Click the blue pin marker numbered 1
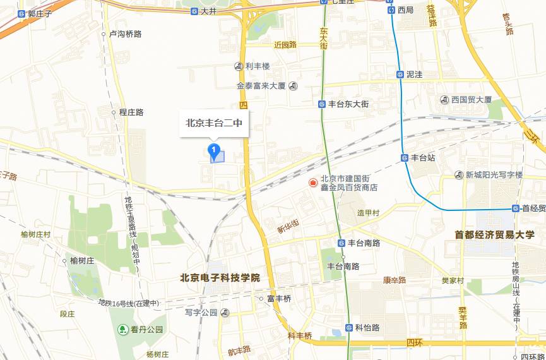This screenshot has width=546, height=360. click(x=215, y=150)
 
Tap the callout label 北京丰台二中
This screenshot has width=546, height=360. click(x=214, y=124)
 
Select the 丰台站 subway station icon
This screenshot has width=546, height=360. click(x=405, y=157)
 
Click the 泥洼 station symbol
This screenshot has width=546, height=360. click(x=400, y=74)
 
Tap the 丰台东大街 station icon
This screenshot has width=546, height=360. click(x=322, y=104)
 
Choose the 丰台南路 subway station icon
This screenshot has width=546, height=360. click(x=341, y=243)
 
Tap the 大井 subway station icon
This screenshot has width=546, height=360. click(x=194, y=11)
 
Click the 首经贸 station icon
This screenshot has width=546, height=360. click(x=515, y=208)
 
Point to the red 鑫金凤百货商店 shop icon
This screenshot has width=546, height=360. click(x=312, y=183)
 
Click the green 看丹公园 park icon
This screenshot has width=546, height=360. click(x=122, y=329)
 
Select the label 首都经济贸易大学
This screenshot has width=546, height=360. click(x=494, y=235)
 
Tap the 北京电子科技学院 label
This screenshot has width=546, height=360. click(x=220, y=277)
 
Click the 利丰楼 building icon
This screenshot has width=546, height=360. click(x=238, y=66)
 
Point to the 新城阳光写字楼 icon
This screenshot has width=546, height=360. click(x=460, y=175)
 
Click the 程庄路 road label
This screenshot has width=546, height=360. click(x=131, y=112)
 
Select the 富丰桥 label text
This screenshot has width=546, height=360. click(x=279, y=299)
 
